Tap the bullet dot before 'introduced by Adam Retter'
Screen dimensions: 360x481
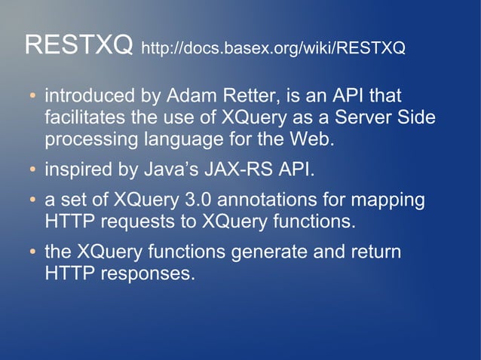tap(32, 97)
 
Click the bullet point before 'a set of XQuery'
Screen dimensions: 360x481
tap(32, 201)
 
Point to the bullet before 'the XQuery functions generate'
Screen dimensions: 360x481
tap(32, 252)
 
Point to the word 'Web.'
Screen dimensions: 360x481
tap(311, 139)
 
